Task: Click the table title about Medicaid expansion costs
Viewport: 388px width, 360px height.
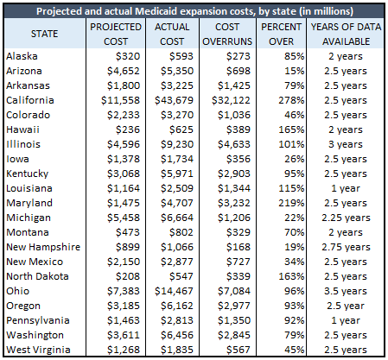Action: tap(194, 11)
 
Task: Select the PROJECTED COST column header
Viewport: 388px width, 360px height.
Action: tap(116, 34)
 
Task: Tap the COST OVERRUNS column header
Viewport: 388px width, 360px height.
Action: tap(227, 34)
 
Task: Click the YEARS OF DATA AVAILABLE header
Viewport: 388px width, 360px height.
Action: tap(346, 34)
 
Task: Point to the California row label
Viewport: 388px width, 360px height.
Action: tap(30, 100)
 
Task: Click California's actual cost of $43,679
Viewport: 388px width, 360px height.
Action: tap(174, 100)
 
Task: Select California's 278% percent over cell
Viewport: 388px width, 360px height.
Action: tap(291, 100)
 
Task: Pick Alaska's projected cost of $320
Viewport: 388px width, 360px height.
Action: tap(128, 56)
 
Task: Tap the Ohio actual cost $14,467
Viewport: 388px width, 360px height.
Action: tap(174, 291)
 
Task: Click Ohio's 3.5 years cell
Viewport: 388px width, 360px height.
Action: tap(346, 291)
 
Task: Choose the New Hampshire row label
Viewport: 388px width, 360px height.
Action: tap(43, 247)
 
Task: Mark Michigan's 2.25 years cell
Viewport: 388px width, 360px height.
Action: tap(346, 218)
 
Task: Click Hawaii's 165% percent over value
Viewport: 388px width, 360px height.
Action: tap(291, 129)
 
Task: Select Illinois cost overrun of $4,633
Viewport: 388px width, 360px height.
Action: tap(234, 144)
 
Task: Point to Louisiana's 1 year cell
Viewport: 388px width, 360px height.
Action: tap(346, 188)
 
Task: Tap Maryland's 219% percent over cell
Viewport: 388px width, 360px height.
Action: tap(291, 203)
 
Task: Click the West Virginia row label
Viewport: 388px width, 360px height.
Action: tap(38, 350)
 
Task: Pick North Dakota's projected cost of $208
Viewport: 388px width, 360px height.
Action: tap(128, 276)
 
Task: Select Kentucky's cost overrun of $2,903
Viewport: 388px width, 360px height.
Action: tap(234, 174)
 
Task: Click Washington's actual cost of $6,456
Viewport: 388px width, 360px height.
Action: tap(177, 335)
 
